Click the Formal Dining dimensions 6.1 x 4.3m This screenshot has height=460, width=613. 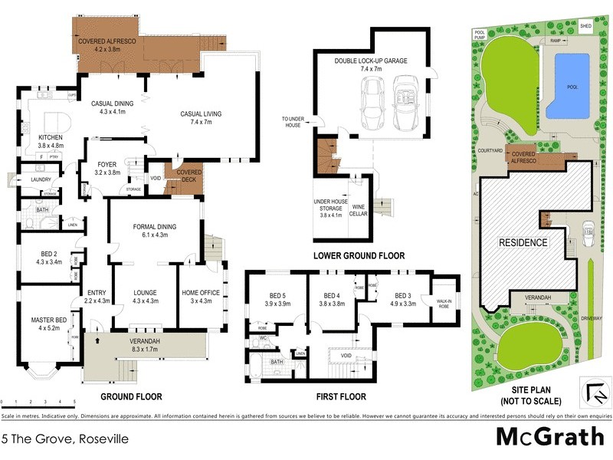(x=155, y=235)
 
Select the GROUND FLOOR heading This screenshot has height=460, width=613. (x=131, y=397)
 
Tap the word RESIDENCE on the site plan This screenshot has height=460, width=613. (x=524, y=242)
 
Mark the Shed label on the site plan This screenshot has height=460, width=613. (x=587, y=25)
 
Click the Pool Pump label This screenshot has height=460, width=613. (x=480, y=34)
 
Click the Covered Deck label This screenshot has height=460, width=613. (x=189, y=176)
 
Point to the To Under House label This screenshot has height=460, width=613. (x=293, y=122)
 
